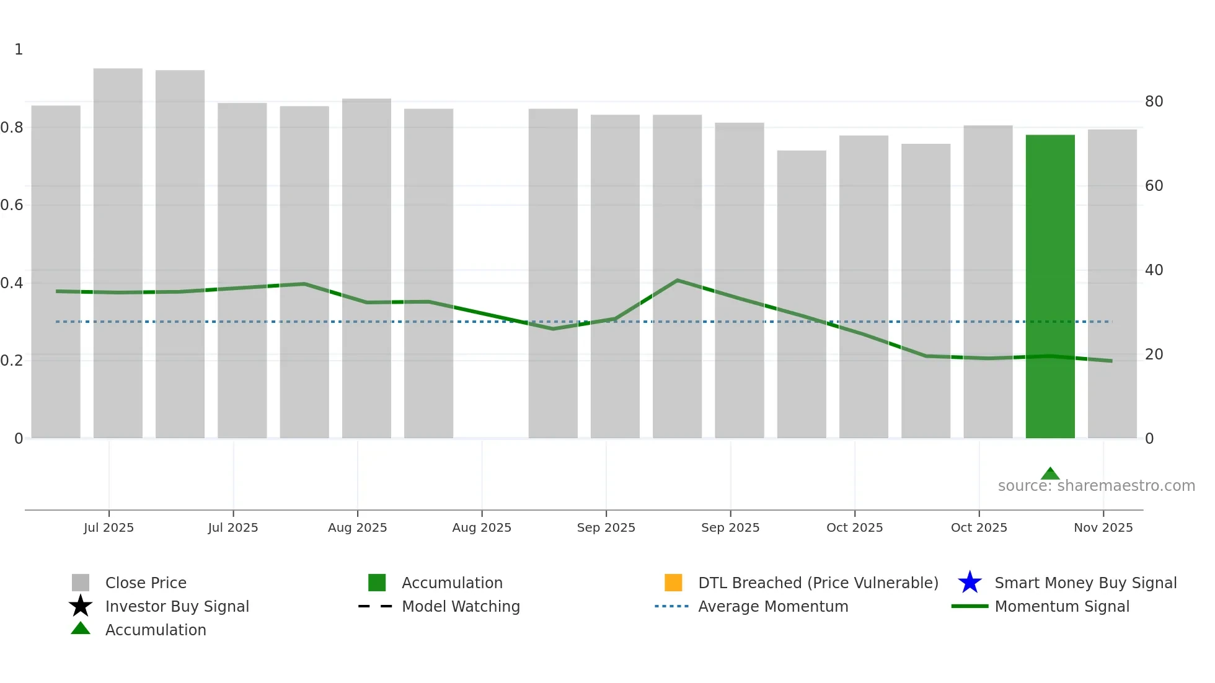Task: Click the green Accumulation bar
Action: pos(1049,285)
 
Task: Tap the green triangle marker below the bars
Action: pos(1049,474)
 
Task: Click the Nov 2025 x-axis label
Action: pos(1103,527)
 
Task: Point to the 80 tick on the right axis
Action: pos(1154,102)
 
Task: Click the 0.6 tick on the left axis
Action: pos(12,205)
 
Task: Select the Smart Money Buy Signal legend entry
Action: pos(1085,583)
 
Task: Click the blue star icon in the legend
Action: pos(970,583)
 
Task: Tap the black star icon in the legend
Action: pos(81,606)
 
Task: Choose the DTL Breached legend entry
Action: pos(818,583)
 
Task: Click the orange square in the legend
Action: pos(673,583)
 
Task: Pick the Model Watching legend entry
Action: pos(461,607)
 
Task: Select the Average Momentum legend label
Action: pos(773,607)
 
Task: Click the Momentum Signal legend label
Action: pos(1061,607)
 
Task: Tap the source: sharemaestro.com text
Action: pos(1096,486)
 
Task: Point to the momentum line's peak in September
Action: pos(678,281)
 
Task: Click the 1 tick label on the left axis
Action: pos(19,50)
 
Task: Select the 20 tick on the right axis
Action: pos(1154,355)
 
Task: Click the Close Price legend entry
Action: pos(146,583)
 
